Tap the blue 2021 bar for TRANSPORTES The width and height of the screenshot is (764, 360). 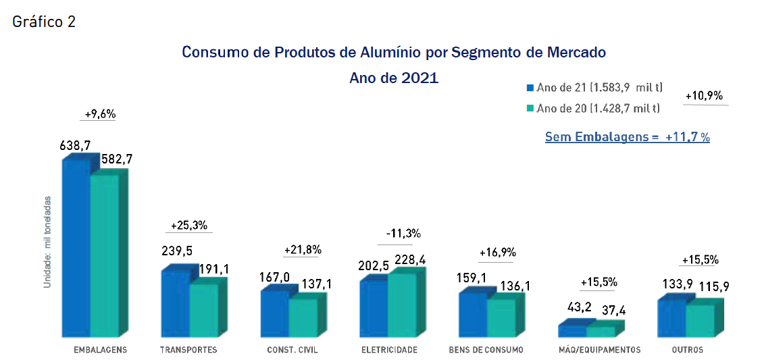tap(175, 304)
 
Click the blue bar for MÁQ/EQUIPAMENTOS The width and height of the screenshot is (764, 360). tap(572, 331)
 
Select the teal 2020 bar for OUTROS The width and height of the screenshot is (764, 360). tap(701, 321)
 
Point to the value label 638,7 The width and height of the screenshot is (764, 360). tap(75, 145)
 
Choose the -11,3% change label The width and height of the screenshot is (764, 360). tap(403, 234)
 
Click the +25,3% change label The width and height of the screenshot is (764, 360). tap(188, 225)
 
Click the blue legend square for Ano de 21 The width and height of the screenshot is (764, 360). tap(530, 88)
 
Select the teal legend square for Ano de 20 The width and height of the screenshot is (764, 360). tap(530, 108)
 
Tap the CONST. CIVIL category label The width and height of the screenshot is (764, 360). tap(292, 350)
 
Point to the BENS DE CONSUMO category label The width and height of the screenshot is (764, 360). tap(485, 350)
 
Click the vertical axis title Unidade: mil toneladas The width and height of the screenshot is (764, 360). tap(47, 242)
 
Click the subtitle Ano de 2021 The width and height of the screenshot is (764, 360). tap(394, 78)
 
